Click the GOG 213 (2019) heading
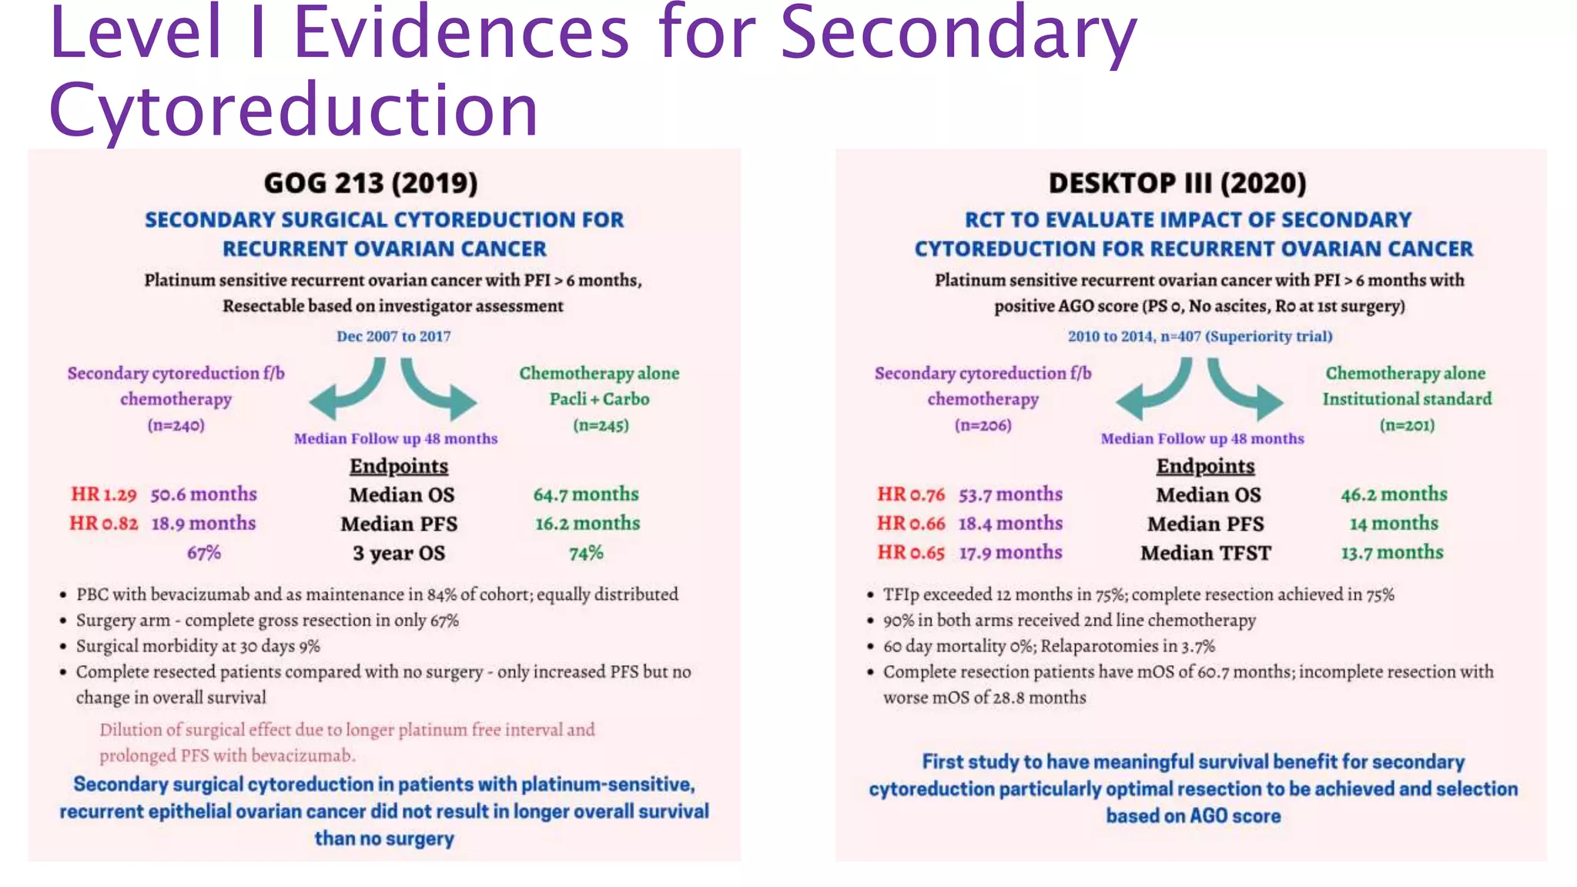click(370, 183)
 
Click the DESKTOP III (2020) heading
click(1177, 183)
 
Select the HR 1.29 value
click(104, 494)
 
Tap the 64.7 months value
click(586, 494)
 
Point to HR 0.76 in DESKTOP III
click(910, 494)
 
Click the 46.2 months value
click(1394, 494)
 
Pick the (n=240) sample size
click(176, 425)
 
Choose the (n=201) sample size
click(1407, 425)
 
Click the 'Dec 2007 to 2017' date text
click(393, 336)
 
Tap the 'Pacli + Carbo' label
click(599, 399)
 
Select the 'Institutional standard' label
click(1407, 399)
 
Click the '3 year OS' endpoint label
click(399, 553)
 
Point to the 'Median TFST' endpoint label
click(1205, 553)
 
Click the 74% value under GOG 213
click(586, 553)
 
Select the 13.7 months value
click(1392, 553)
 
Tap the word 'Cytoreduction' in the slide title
click(293, 110)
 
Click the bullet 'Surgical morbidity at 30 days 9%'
click(198, 646)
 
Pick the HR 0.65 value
click(910, 553)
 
